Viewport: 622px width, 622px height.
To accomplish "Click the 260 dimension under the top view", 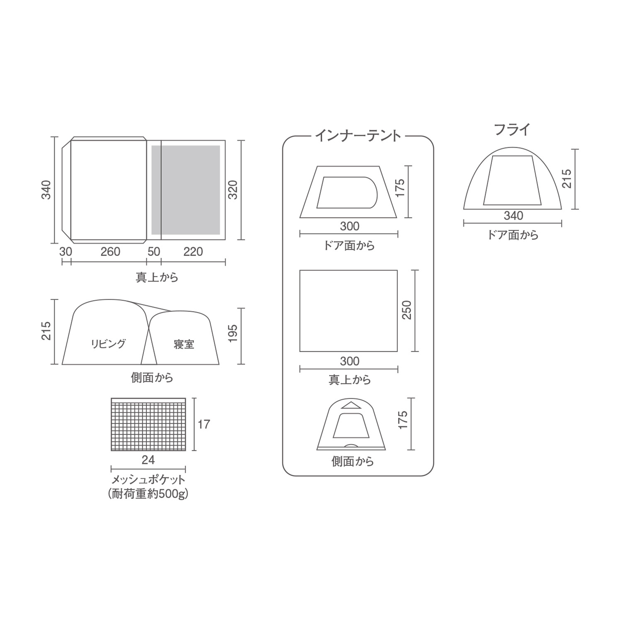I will click(x=110, y=252).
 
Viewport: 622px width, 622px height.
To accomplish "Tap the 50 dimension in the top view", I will click(x=154, y=252).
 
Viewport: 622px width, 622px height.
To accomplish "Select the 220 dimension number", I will click(x=193, y=252).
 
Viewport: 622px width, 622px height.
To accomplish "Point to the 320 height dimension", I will click(x=233, y=190).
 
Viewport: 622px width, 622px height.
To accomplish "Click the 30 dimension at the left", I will click(x=66, y=252).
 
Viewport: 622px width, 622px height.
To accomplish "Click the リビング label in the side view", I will click(x=108, y=344).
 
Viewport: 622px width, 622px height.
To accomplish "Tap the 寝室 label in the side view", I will click(x=184, y=344).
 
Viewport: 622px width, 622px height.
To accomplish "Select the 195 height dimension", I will click(x=233, y=333).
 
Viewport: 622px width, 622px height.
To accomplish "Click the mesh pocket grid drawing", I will click(x=148, y=425).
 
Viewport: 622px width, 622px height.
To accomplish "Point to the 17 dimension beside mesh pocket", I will click(x=204, y=425).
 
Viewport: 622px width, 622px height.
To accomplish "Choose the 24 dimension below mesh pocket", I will click(x=148, y=460).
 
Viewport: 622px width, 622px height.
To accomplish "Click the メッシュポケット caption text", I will click(x=148, y=480).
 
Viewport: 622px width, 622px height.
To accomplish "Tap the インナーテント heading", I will click(x=358, y=136).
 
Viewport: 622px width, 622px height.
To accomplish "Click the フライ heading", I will click(x=512, y=130).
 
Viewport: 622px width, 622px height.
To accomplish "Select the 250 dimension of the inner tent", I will click(x=407, y=310).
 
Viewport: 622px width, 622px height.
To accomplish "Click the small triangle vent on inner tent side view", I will click(x=351, y=405).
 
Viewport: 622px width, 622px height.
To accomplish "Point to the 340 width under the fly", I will click(x=513, y=216).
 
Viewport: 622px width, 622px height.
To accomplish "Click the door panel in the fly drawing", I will click(x=512, y=181).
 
